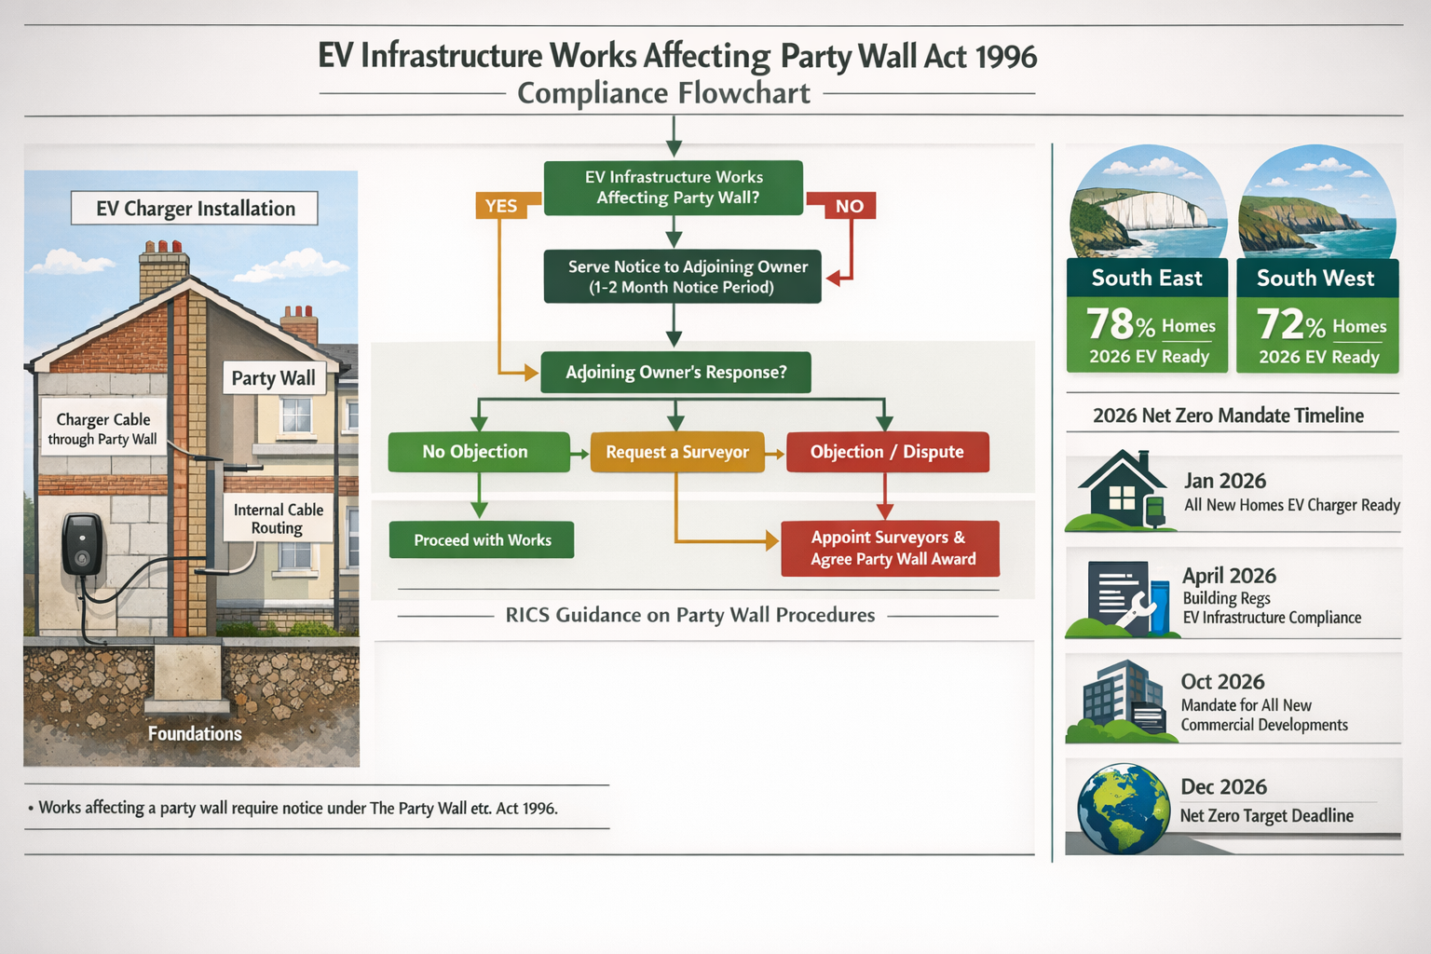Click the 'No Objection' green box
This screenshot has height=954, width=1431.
point(479,452)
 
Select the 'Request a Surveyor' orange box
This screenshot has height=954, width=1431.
point(677,452)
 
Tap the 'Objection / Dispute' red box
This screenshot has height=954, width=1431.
point(887,452)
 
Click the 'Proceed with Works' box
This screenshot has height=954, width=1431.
point(482,540)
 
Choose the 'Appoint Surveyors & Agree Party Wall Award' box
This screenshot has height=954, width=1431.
point(891,549)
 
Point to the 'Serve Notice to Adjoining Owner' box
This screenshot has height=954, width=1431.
point(682,277)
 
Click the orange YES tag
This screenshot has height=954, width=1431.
point(502,206)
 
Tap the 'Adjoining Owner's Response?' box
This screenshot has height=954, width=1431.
point(675,373)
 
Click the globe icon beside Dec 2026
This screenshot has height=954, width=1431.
point(1123,809)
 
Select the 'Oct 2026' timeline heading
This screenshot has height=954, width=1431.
point(1222,682)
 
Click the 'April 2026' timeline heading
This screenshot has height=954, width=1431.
point(1229,576)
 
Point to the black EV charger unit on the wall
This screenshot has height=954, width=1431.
point(82,545)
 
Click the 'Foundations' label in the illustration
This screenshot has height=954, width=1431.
point(195,734)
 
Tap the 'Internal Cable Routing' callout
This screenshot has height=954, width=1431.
point(278,519)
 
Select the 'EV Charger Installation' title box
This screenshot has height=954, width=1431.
point(195,209)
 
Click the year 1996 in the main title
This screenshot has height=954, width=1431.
point(1005,57)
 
